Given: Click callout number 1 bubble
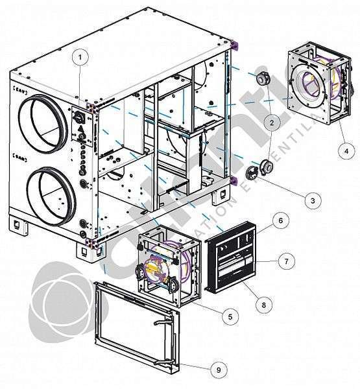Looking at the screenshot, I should click(80, 57).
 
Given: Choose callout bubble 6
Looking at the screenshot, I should click(280, 220).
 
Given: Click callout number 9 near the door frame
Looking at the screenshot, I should click(218, 370).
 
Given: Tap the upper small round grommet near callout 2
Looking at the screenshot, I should click(263, 78).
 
